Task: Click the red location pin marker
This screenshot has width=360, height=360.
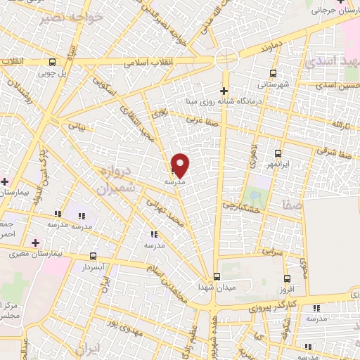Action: [x=181, y=165]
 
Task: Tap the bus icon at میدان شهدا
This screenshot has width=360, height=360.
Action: [x=217, y=276]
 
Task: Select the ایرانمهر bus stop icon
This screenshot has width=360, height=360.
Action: [x=278, y=153]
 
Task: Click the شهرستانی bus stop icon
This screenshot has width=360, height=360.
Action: [x=274, y=72]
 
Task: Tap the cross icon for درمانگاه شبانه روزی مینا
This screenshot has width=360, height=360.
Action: [x=224, y=91]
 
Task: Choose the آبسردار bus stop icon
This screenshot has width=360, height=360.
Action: [x=94, y=257]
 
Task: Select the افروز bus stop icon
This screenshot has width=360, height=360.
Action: [x=286, y=278]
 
